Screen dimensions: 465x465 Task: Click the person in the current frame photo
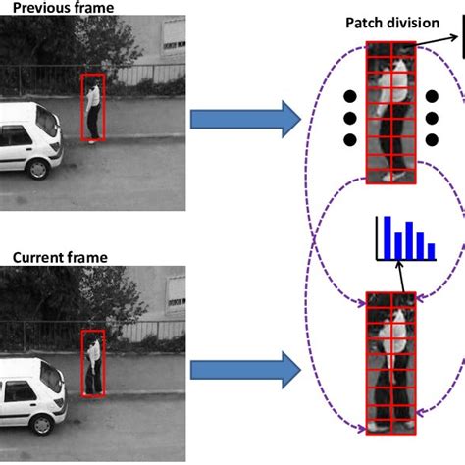[x=92, y=362]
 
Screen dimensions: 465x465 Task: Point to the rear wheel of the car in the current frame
[x=41, y=421]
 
